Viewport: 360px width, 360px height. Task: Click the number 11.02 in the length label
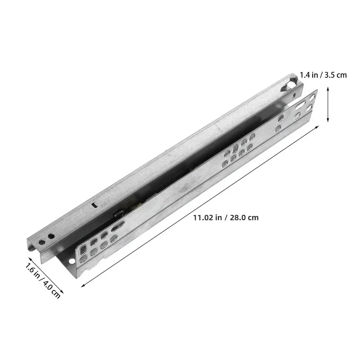pos(203,217)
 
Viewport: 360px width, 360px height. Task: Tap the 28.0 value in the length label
pos(238,217)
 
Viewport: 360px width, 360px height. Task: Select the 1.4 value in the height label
pos(306,75)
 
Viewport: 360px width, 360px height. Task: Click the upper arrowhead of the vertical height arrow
pos(328,88)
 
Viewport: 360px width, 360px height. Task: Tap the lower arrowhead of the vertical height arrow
pos(328,120)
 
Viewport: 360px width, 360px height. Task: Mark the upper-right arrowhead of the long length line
pos(317,127)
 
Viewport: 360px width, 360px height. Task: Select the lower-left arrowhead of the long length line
pos(83,286)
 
